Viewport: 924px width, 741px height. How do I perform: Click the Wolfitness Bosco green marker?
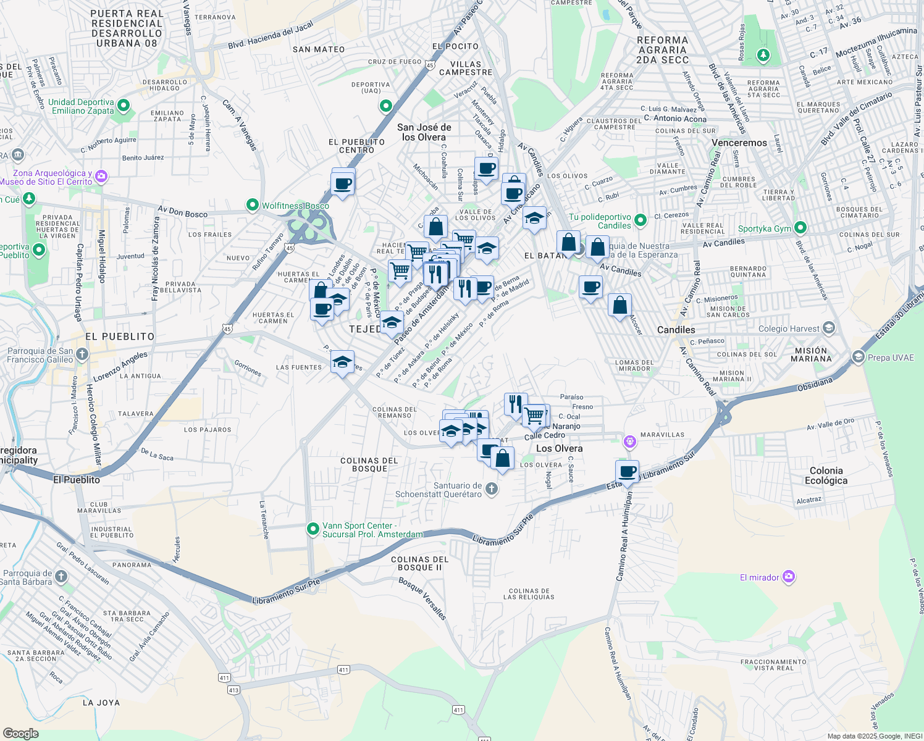[252, 204]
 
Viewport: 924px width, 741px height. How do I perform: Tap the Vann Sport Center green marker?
[313, 529]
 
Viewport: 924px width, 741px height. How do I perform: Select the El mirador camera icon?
[788, 577]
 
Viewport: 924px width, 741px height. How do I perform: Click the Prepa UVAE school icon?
[858, 357]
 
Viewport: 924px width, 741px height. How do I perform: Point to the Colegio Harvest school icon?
[829, 328]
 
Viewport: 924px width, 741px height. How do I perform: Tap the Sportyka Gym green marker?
[800, 228]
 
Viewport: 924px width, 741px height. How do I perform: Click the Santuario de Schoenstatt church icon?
[492, 489]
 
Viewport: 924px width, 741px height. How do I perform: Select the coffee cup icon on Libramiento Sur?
[628, 472]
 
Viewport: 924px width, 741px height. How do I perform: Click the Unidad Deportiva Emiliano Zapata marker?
[124, 106]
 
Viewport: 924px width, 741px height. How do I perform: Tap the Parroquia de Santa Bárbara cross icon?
[61, 577]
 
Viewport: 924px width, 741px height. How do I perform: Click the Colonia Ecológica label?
[826, 475]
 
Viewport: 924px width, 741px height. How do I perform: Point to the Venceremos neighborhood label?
[739, 143]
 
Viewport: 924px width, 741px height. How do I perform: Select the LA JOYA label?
[101, 703]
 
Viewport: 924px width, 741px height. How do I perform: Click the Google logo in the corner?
[20, 733]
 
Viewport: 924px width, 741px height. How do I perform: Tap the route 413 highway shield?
[233, 690]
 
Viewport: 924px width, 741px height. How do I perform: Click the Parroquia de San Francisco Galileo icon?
[82, 354]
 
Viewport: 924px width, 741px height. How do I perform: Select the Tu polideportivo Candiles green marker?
[640, 220]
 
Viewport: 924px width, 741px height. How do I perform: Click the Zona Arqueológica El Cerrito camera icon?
[102, 177]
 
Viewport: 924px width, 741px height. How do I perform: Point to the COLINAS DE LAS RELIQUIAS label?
[529, 594]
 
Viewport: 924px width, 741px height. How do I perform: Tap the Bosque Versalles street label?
[422, 598]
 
